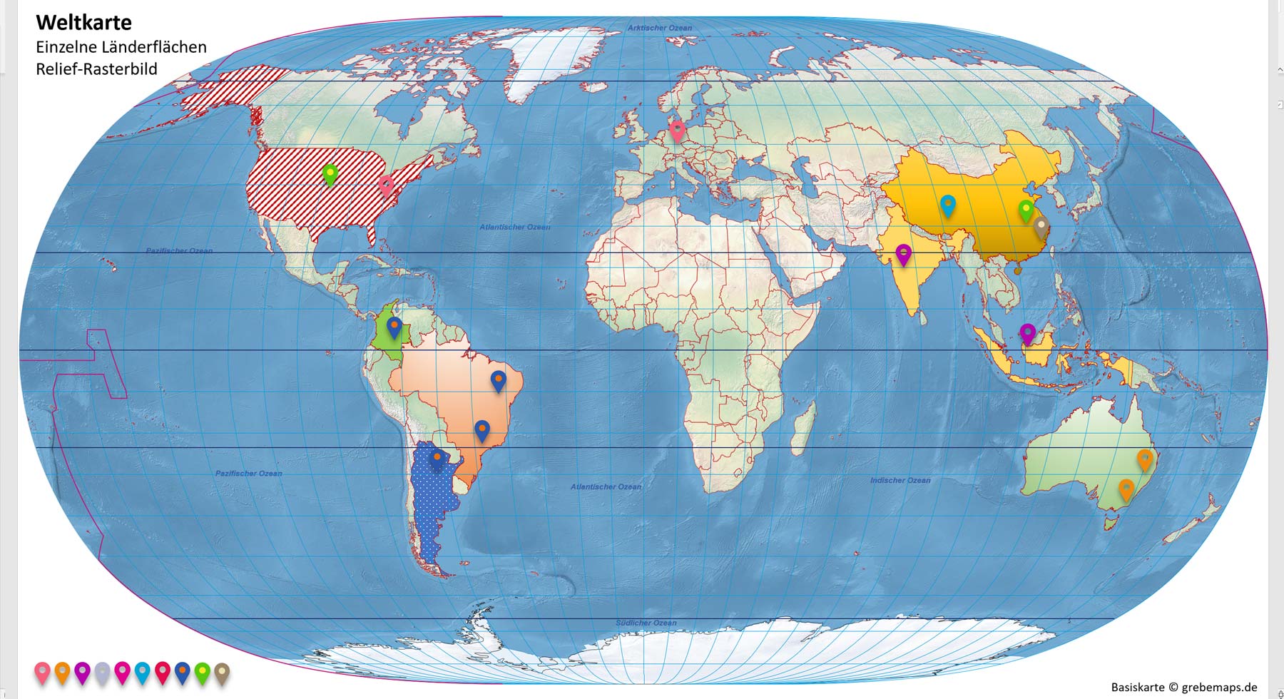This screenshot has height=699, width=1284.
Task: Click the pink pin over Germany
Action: point(677,130)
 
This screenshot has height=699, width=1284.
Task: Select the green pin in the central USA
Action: point(330,173)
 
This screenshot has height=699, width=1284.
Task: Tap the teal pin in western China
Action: point(947,205)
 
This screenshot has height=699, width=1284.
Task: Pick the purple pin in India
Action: point(903,254)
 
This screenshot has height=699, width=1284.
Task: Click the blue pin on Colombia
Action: point(394,327)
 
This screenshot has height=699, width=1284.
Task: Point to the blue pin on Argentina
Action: point(437,458)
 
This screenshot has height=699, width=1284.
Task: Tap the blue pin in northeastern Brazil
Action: point(498,380)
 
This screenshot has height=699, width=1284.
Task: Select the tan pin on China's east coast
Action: point(1041,228)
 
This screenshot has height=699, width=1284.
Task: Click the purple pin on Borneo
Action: point(1027,333)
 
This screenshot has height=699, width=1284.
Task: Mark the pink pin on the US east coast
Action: point(386,185)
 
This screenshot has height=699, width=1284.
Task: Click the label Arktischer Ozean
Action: point(659,28)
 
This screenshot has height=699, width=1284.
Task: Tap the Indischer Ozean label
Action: point(900,480)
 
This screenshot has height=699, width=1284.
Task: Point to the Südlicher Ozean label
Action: point(646,623)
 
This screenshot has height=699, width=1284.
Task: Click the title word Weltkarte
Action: point(83,23)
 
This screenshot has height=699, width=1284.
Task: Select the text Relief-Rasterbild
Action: point(96,69)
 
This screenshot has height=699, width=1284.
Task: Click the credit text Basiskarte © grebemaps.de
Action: point(1184,687)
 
